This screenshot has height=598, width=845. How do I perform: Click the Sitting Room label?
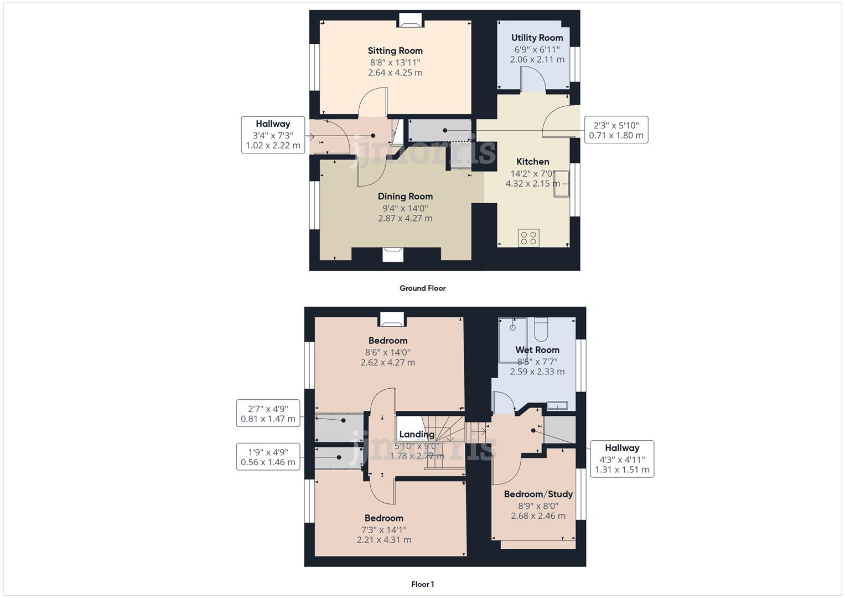point(395,51)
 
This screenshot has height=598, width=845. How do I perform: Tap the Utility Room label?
point(537,38)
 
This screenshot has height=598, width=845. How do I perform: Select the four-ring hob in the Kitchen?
point(528,238)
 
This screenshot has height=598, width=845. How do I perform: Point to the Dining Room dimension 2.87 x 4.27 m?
point(405,219)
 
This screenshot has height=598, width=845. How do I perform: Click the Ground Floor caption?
point(422,288)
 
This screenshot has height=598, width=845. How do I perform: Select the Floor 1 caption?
point(422,584)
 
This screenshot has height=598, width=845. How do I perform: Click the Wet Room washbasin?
point(557,405)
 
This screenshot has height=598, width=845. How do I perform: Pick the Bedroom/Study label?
point(538,494)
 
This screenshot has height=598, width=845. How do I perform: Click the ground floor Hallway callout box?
point(273,135)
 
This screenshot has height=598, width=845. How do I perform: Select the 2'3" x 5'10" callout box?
point(616,130)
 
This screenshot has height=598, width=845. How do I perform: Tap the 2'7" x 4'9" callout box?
point(268,413)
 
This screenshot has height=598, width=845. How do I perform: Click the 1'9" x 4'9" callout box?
point(268,457)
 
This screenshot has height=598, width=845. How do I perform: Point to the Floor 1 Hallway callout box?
point(621,459)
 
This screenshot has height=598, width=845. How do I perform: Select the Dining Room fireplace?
point(393,254)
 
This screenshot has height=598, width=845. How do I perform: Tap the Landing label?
point(417,435)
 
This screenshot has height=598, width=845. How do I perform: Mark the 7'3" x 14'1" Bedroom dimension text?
point(383,529)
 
